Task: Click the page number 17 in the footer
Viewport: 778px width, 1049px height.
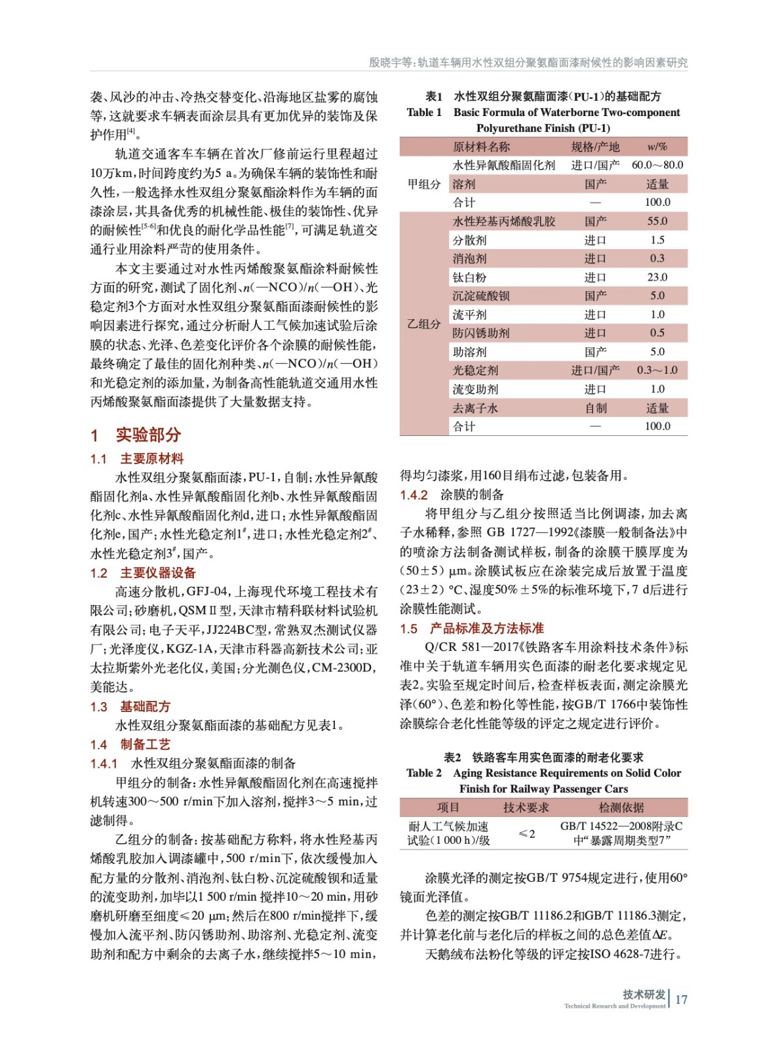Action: click(681, 999)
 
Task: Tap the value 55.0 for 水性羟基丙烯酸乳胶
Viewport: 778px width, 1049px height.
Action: click(657, 222)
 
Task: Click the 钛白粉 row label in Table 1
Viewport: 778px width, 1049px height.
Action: click(469, 277)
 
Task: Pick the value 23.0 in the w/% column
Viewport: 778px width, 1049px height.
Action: click(657, 277)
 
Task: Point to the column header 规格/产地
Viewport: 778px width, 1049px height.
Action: click(595, 147)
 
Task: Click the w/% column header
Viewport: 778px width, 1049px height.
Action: click(657, 147)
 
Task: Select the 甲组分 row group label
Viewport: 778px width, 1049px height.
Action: click(424, 184)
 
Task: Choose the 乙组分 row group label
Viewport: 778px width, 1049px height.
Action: click(424, 324)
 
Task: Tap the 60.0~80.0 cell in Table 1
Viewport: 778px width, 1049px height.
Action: click(657, 165)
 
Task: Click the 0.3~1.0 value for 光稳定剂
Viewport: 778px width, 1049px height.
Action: click(657, 370)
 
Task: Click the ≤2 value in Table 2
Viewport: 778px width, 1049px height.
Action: click(526, 833)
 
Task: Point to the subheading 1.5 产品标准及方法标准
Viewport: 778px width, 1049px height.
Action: click(472, 628)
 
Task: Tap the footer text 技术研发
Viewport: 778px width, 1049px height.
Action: click(644, 994)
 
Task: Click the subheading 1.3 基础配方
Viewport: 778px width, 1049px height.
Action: click(130, 706)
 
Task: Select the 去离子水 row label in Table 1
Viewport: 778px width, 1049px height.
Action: click(475, 408)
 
